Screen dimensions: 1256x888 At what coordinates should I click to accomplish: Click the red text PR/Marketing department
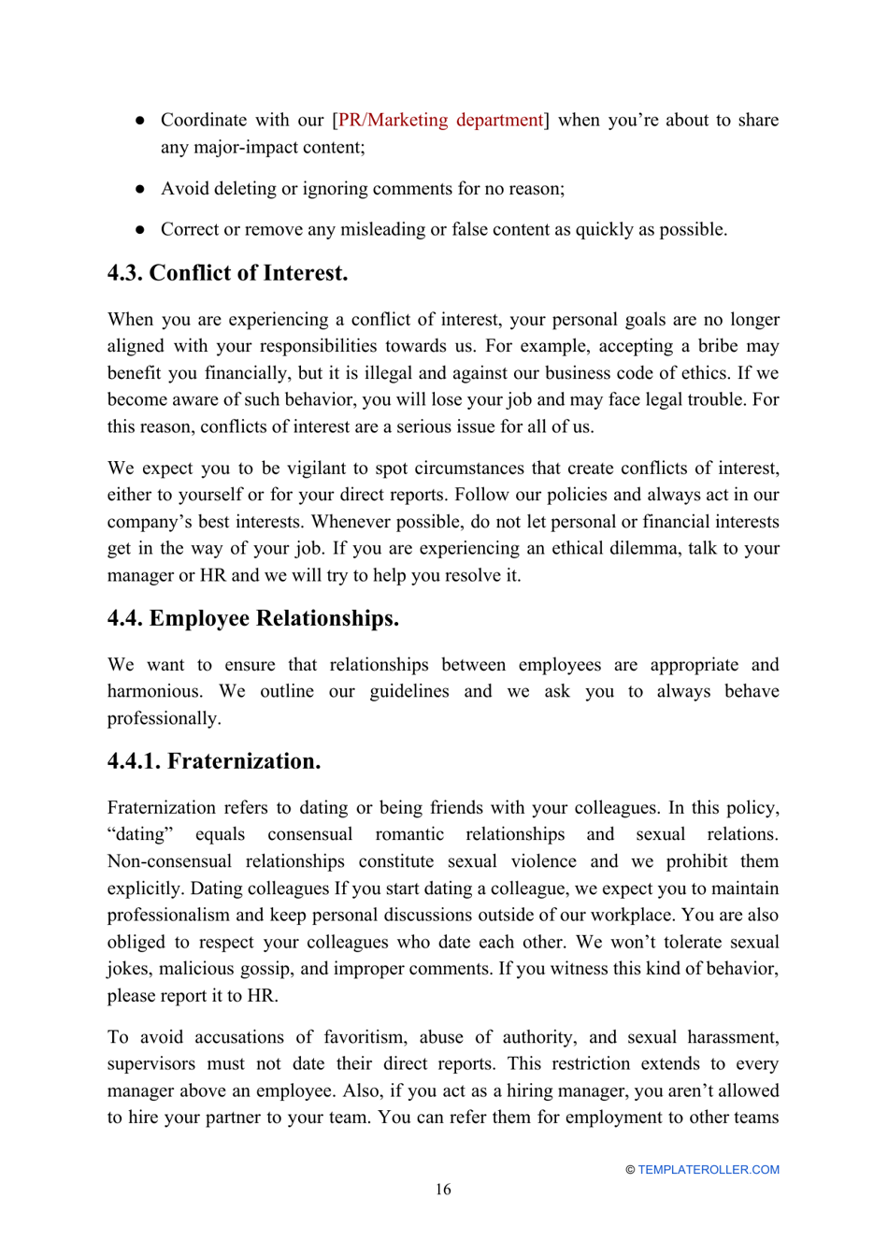440,120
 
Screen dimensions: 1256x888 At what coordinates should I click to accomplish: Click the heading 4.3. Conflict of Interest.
227,273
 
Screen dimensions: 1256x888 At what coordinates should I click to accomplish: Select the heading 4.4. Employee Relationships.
252,618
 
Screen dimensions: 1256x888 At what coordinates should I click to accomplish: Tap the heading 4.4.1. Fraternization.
213,761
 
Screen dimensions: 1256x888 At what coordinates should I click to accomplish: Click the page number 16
443,1190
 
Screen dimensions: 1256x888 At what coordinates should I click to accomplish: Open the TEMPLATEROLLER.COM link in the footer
709,1170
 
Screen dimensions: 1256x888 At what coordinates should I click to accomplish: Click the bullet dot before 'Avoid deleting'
140,189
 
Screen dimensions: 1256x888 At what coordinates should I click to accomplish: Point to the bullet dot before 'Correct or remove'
140,230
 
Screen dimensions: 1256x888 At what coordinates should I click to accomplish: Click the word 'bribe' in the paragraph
717,346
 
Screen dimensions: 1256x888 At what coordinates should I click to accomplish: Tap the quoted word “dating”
140,834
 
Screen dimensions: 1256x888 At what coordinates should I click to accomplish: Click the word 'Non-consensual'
169,861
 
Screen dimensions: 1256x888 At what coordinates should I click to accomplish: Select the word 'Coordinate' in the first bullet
204,120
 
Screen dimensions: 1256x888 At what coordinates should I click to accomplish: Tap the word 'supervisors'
151,1064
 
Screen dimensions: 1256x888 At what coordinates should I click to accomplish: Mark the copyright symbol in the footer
630,1170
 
